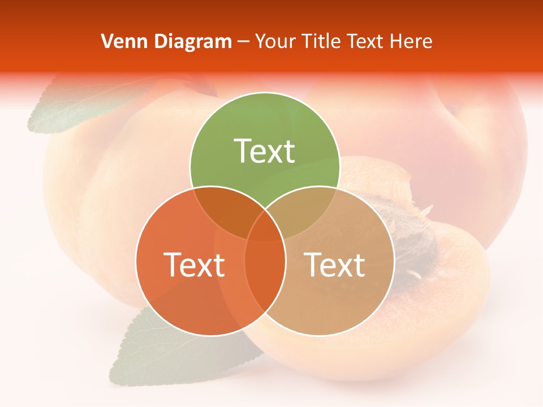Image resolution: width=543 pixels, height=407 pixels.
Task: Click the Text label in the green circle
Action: (x=265, y=151)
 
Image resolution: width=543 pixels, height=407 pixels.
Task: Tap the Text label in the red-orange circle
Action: (x=194, y=265)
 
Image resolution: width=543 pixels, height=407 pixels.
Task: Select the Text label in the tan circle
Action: (x=335, y=265)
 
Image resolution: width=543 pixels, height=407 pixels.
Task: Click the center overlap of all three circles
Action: (x=265, y=226)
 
